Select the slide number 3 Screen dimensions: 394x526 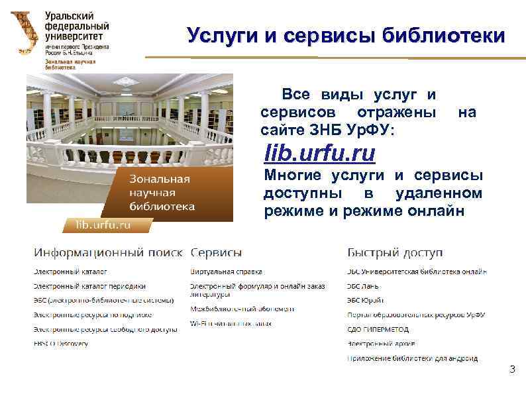tap(511, 369)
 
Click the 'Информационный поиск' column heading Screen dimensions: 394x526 tap(109, 254)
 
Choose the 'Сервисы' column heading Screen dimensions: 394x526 tap(216, 254)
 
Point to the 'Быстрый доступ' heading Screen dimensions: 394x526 tap(395, 254)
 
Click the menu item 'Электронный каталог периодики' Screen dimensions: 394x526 tap(89, 286)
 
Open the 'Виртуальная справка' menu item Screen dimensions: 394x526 tap(226, 271)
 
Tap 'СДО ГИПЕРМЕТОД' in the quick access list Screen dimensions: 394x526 tap(378, 329)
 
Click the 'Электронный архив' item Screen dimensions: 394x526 tap(380, 344)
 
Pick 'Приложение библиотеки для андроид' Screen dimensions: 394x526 tap(411, 358)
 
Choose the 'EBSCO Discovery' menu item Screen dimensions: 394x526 tap(61, 344)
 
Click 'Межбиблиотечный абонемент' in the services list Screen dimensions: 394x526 tap(242, 309)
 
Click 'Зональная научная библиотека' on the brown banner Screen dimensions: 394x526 tap(162, 193)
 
